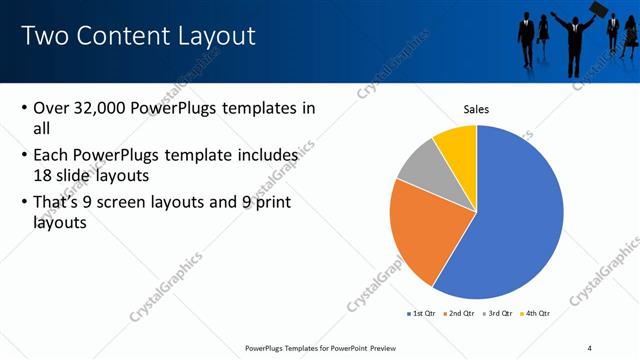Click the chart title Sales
[x=476, y=109]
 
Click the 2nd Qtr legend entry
[x=459, y=314]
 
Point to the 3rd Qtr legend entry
[x=497, y=314]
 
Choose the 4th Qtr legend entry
[x=535, y=314]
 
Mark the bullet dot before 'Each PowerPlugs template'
[x=24, y=156]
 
